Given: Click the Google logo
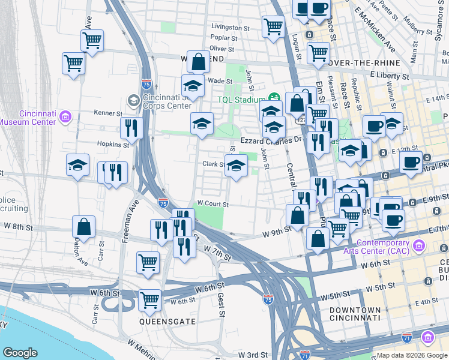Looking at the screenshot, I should pyautogui.click(x=20, y=353).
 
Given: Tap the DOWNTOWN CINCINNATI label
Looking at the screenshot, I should pyautogui.click(x=355, y=313).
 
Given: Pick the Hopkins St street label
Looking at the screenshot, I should pyautogui.click(x=113, y=145).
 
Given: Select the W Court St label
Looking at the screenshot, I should pyautogui.click(x=212, y=204).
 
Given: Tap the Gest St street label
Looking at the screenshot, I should pyautogui.click(x=221, y=305).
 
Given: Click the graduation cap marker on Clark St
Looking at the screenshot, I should pyautogui.click(x=237, y=166).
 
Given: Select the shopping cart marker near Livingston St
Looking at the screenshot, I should pyautogui.click(x=273, y=26).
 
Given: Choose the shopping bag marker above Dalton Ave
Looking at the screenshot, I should pyautogui.click(x=84, y=227).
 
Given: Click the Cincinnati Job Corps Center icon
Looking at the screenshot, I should pyautogui.click(x=133, y=101).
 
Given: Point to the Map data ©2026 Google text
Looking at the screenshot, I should pyautogui.click(x=411, y=355).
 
